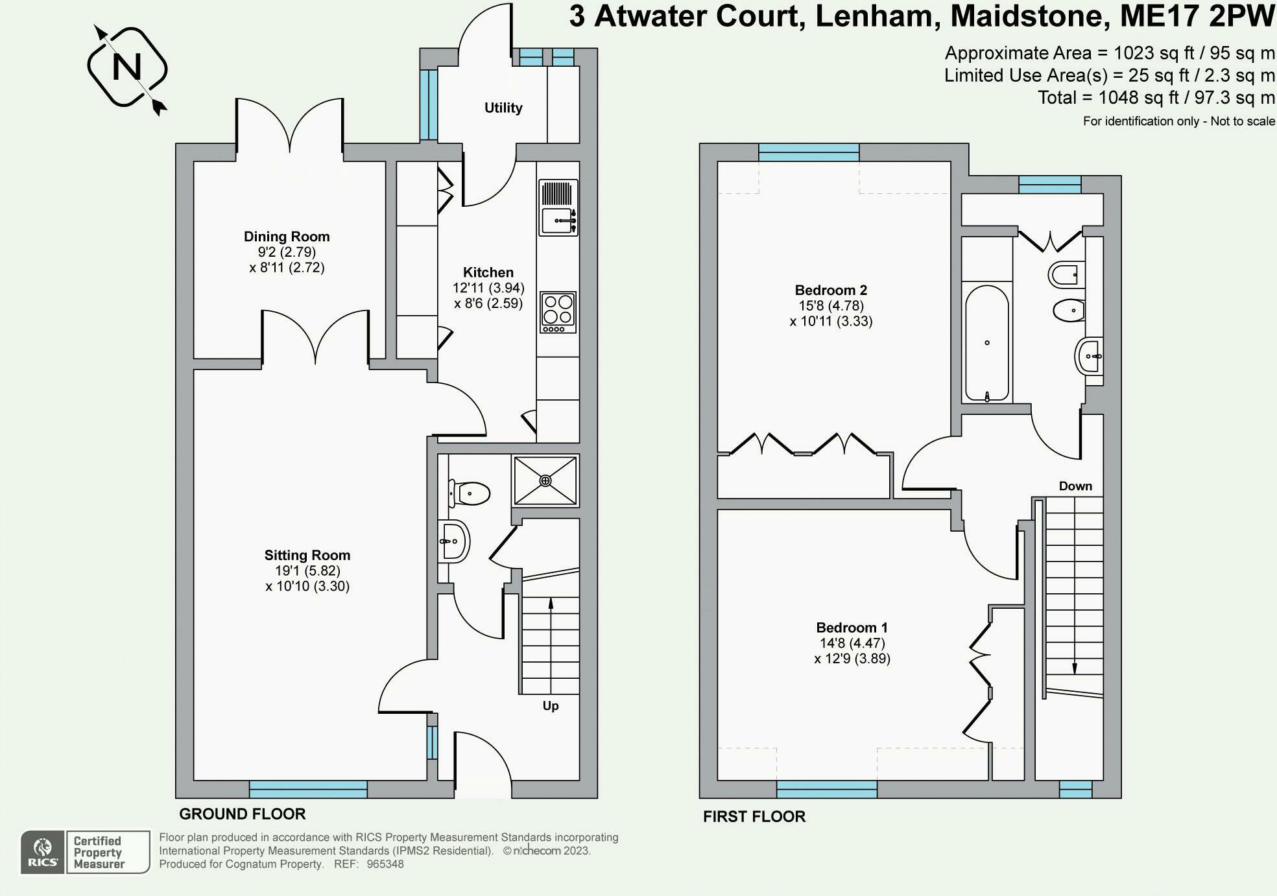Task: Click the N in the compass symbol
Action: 127,66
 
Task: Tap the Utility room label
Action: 503,108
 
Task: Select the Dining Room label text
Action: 287,237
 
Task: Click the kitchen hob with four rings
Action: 558,312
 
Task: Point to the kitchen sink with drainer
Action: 558,208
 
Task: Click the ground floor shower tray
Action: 545,480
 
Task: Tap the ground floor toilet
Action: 470,493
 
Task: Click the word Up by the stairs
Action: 550,705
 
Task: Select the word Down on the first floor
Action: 1075,486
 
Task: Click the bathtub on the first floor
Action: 986,344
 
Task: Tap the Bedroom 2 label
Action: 831,290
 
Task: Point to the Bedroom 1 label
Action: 852,628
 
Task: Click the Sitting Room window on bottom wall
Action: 308,789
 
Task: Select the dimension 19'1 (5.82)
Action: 307,571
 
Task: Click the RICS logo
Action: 42,852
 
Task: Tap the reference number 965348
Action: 385,864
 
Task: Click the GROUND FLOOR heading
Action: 242,814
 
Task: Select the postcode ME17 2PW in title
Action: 1197,16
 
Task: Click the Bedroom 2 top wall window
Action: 808,152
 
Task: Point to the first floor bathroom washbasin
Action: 1090,356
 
